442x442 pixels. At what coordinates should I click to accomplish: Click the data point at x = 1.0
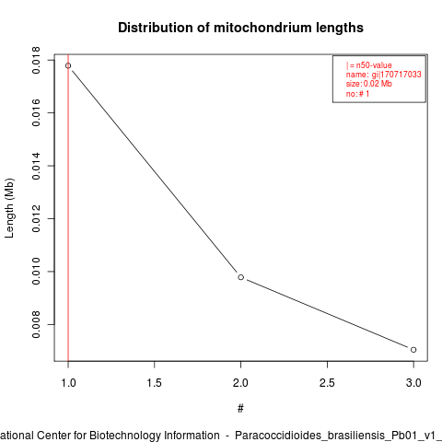(68, 65)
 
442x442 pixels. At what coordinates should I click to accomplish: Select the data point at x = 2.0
(241, 277)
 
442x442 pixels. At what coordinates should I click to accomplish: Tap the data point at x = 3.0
(413, 350)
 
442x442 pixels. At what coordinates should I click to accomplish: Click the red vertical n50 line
(68, 208)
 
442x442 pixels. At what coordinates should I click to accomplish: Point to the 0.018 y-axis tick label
(36, 60)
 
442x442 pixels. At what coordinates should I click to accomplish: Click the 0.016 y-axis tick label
(36, 113)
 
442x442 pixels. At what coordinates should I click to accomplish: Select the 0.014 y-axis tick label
(36, 166)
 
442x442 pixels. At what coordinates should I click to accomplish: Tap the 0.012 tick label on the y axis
(36, 218)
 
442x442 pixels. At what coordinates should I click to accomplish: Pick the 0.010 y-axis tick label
(36, 272)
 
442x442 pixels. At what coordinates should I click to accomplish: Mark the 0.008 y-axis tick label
(36, 324)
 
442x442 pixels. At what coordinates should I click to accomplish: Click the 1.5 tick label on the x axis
(154, 383)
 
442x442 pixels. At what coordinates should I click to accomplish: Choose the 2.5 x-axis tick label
(327, 383)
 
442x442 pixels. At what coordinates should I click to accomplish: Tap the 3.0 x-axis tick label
(413, 383)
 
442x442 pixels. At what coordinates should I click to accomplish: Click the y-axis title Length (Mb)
(9, 208)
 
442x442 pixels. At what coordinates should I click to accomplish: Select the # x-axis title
(240, 409)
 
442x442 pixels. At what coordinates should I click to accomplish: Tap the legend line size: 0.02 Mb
(369, 84)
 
